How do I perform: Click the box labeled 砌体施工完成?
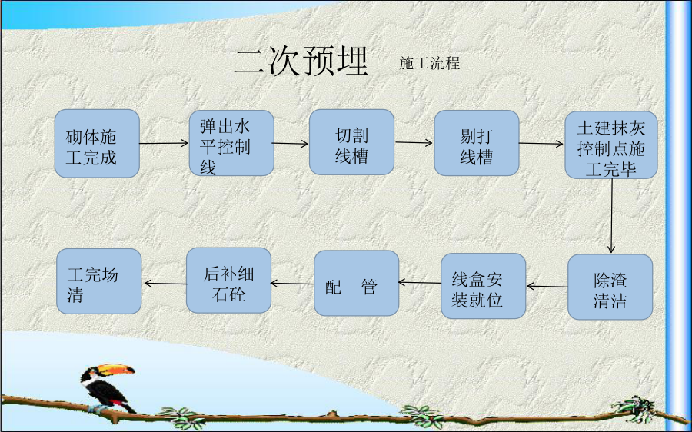point(97,144)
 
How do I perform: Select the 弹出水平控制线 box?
point(231,143)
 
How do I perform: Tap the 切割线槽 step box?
point(351,142)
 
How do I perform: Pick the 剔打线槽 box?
point(477,143)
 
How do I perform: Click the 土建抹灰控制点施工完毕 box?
point(611,145)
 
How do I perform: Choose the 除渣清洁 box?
point(610,287)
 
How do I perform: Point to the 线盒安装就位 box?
point(484,286)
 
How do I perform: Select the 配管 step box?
point(357,284)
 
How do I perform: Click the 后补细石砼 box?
point(228,281)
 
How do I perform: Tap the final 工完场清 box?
point(99,281)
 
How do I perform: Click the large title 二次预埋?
point(301,61)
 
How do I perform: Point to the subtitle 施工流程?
point(429,63)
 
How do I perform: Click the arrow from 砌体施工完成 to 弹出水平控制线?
point(165,143)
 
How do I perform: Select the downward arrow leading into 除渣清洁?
point(611,216)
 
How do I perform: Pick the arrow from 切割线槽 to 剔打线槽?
point(414,142)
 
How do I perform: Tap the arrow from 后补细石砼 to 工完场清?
point(165,284)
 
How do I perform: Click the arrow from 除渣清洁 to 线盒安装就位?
point(547,287)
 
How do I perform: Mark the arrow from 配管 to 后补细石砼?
point(292,284)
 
